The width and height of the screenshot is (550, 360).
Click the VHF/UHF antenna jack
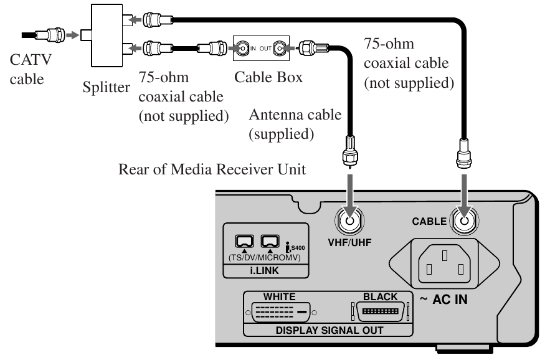click(349, 220)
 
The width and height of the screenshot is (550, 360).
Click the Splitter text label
click(107, 87)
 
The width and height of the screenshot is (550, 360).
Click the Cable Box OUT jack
click(280, 47)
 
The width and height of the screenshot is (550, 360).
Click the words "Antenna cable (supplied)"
click(295, 124)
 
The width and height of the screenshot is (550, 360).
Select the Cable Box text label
click(268, 78)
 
